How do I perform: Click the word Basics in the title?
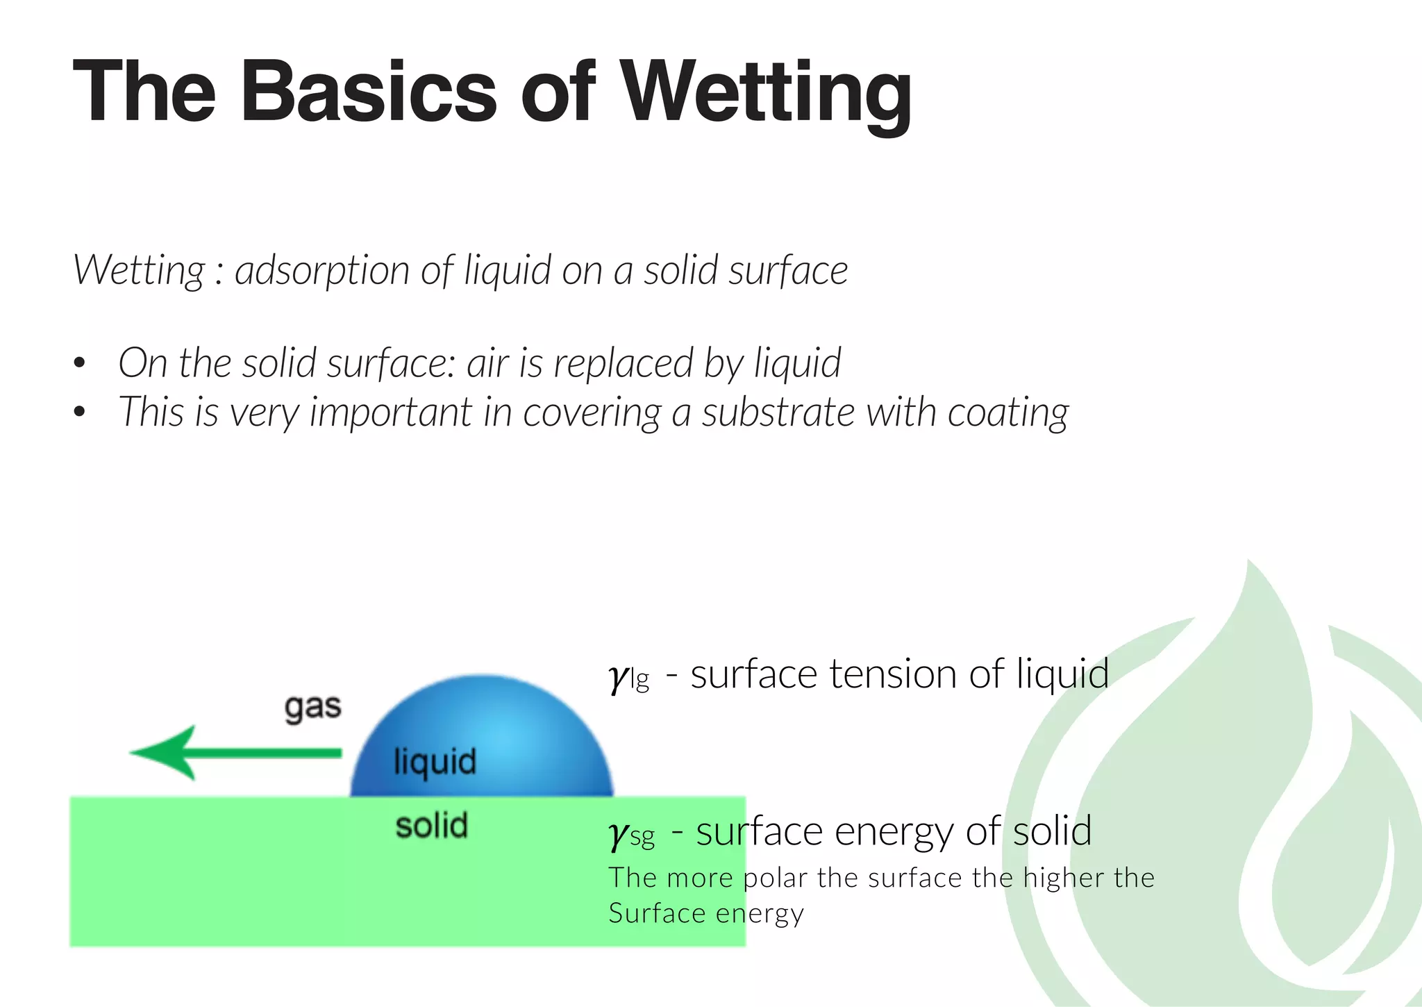[x=369, y=94]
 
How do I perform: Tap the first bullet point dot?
[x=79, y=363]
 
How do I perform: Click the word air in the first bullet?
[x=487, y=363]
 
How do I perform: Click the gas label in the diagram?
[x=313, y=708]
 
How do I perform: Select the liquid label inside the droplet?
[x=435, y=762]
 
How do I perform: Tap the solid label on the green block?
[x=432, y=826]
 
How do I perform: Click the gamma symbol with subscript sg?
[x=619, y=833]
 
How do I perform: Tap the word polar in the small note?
[x=775, y=879]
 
